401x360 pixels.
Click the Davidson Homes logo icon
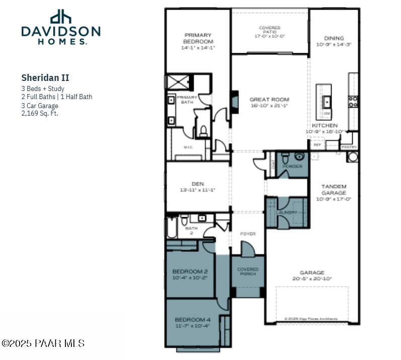(60, 17)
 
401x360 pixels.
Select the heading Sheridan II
(45, 78)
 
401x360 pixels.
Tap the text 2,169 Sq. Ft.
(40, 113)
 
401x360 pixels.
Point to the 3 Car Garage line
(40, 106)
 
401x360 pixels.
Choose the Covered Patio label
(270, 32)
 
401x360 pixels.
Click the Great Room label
(269, 103)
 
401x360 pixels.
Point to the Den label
(197, 187)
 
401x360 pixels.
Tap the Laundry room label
(286, 213)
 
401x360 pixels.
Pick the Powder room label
(292, 166)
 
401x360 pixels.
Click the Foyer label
(248, 234)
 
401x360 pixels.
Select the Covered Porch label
(248, 272)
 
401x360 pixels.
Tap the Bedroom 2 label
(190, 274)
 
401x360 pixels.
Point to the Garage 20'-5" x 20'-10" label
(312, 275)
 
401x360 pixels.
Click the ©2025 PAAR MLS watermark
(43, 343)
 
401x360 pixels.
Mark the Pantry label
(349, 147)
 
